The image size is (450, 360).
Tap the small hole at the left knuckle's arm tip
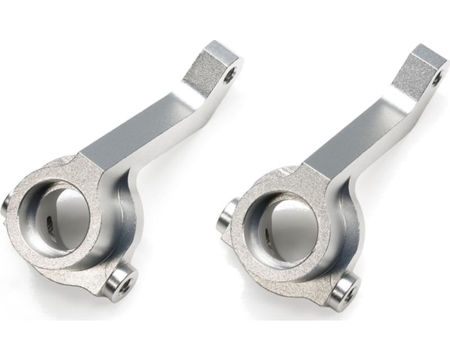click(x=231, y=72)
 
